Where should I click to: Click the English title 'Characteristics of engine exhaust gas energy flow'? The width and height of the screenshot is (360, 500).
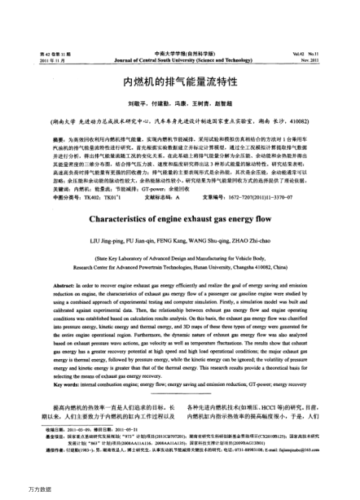pos(180,219)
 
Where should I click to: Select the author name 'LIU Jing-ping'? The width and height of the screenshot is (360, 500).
pos(130,242)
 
